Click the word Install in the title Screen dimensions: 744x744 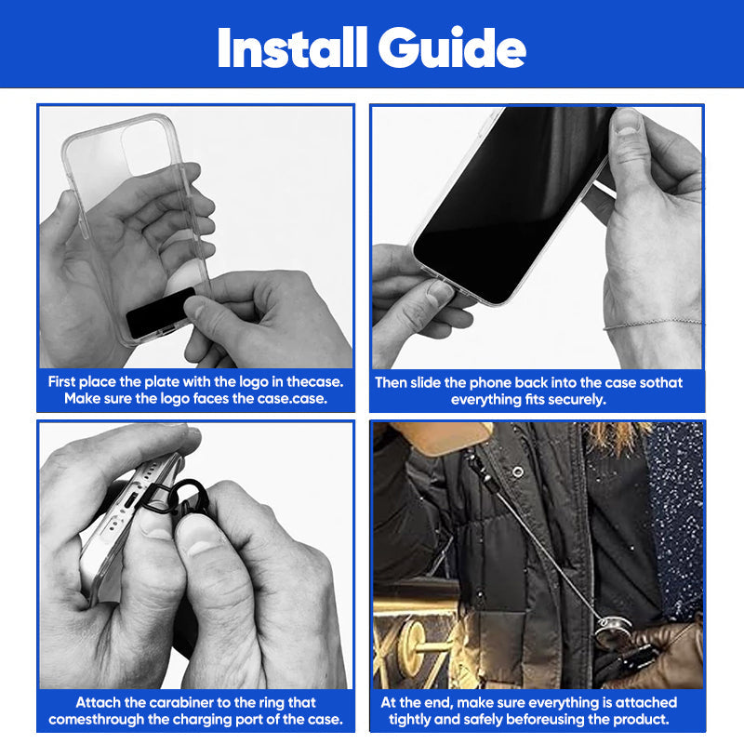292,48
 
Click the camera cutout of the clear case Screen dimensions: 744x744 149,147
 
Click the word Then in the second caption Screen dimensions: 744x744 392,382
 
